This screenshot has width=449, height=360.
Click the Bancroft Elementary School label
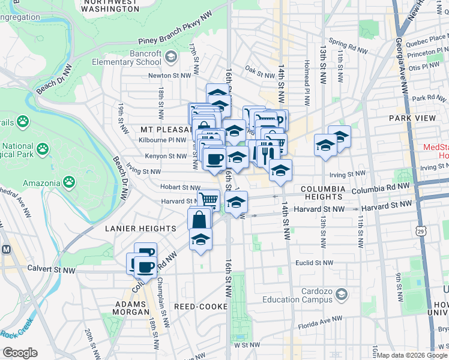click(127, 58)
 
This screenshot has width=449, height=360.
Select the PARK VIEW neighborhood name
click(412, 118)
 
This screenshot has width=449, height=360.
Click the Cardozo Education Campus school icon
click(342, 294)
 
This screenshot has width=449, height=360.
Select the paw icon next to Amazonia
click(70, 180)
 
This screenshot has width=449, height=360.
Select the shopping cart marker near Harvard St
click(208, 199)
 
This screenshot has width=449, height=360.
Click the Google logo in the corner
click(20, 352)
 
